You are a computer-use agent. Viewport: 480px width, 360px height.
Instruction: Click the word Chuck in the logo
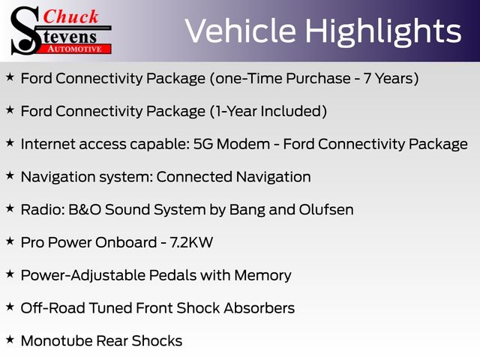click(x=70, y=16)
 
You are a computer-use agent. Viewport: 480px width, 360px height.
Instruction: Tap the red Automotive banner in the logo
click(x=75, y=49)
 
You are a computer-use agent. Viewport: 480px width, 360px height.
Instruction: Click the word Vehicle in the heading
click(x=240, y=31)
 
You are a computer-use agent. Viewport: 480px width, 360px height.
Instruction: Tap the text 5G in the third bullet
click(x=203, y=144)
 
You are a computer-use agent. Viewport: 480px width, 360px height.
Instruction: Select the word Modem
click(x=243, y=144)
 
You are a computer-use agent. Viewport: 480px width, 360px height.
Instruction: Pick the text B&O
click(x=85, y=210)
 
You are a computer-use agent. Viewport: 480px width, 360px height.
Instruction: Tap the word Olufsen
click(x=326, y=210)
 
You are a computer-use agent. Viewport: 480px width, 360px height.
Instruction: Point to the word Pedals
click(x=172, y=275)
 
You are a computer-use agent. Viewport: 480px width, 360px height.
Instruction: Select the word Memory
click(x=262, y=276)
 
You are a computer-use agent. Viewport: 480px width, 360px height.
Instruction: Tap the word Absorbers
click(x=259, y=308)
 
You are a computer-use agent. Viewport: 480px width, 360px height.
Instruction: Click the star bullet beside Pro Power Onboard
click(x=10, y=241)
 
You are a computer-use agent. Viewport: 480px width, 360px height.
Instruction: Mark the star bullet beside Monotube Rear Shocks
click(x=10, y=340)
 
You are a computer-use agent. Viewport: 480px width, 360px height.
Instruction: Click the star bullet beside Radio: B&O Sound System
click(x=10, y=208)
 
